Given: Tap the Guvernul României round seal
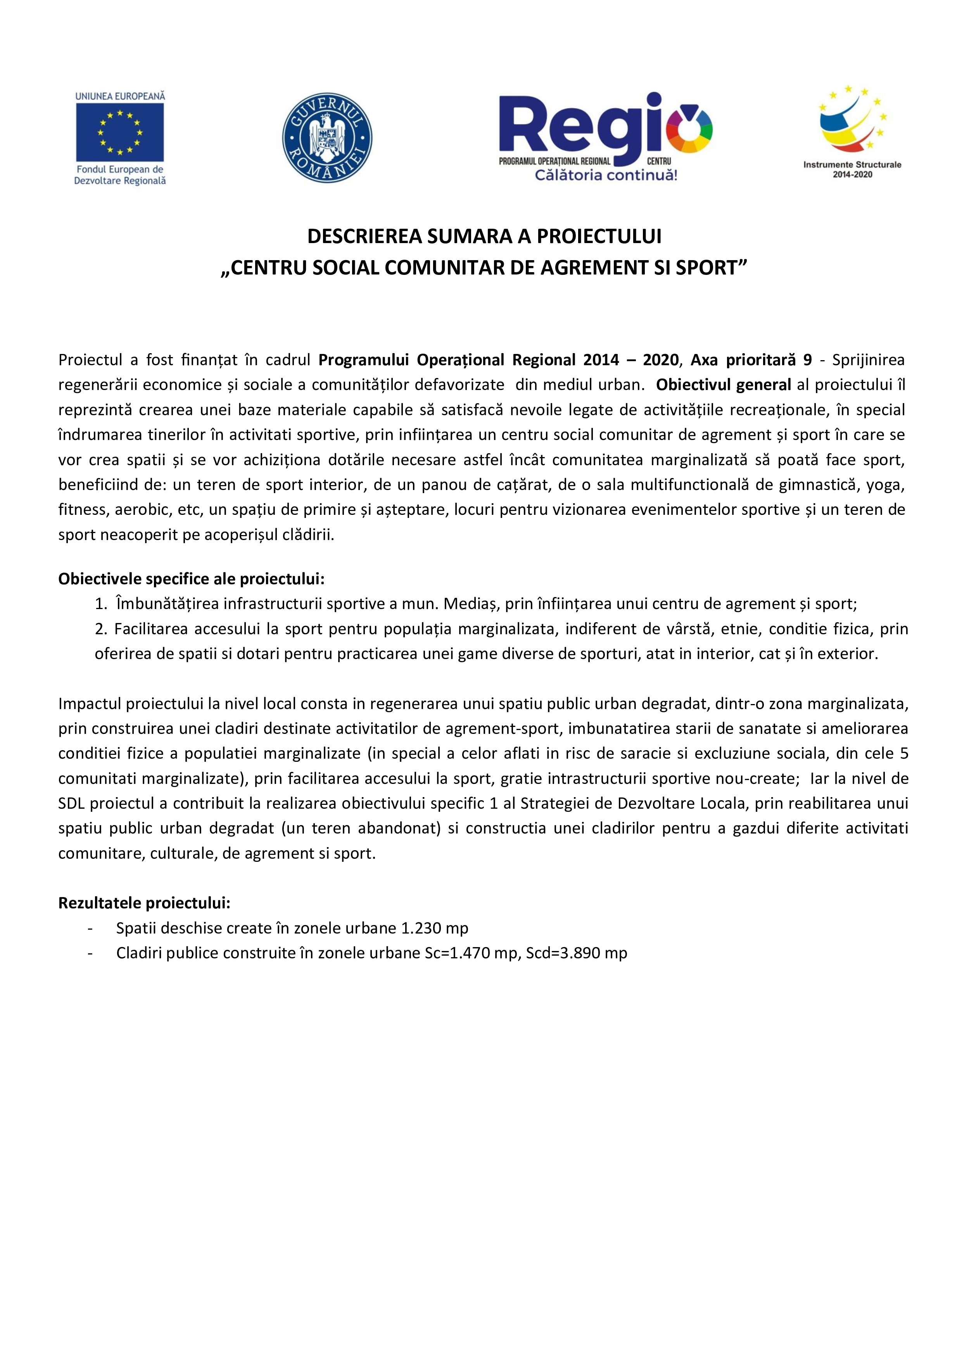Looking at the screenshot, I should (x=326, y=137).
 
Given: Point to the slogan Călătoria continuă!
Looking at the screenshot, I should (x=605, y=175).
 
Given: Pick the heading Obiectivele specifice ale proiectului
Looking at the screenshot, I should (x=191, y=579).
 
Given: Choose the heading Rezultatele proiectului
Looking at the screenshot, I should (x=144, y=903).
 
